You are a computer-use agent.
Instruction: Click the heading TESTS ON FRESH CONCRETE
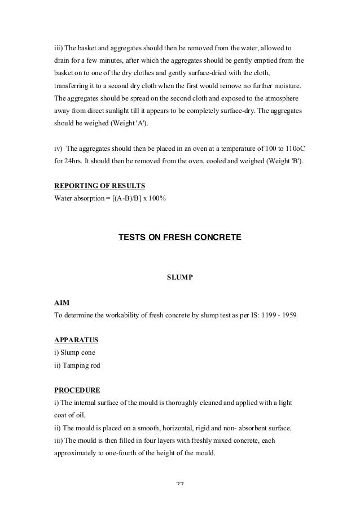179,238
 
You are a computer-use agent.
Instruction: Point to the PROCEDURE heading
77,390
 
